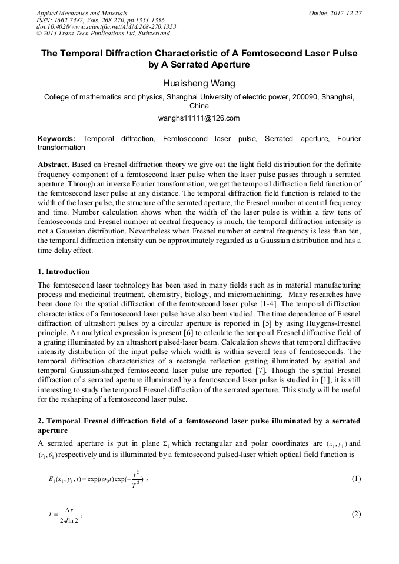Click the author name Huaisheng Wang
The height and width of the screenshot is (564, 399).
[x=199, y=83]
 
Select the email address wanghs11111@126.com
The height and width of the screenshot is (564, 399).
[x=199, y=118]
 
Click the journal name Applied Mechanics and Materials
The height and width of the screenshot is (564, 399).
[x=82, y=13]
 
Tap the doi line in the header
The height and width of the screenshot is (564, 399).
[x=106, y=26]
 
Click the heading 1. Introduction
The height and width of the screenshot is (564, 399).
[x=64, y=272]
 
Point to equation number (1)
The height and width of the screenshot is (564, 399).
[x=356, y=479]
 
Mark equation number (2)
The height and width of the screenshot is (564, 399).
[x=356, y=514]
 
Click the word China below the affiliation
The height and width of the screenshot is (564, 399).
[x=199, y=106]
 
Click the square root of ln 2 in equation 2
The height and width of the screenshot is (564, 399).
[x=69, y=520]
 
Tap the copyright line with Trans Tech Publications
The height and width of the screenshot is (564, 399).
[x=103, y=34]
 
